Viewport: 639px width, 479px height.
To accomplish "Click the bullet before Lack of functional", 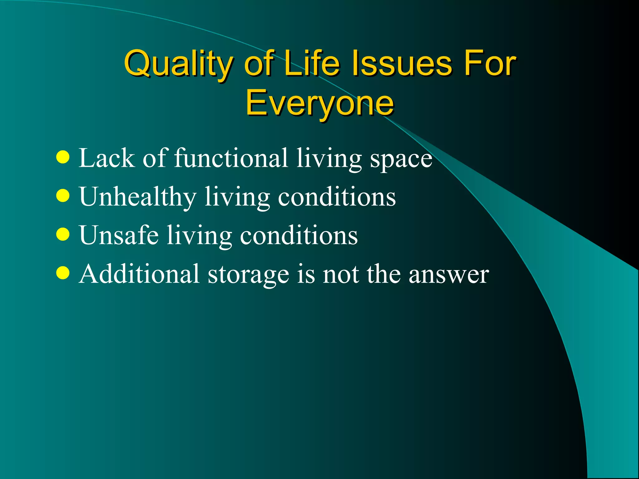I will [63, 157].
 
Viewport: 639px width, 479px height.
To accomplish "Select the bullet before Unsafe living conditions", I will [63, 235].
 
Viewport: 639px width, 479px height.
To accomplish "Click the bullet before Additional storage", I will [63, 273].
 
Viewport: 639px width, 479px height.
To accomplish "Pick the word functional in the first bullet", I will [231, 158].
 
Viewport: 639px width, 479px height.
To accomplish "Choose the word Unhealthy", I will [138, 197].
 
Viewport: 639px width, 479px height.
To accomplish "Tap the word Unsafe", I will [119, 235].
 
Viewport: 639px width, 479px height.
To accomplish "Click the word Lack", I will [106, 158].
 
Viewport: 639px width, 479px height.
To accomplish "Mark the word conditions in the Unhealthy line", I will [337, 197].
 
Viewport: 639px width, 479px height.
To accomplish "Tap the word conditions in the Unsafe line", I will [299, 236].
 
